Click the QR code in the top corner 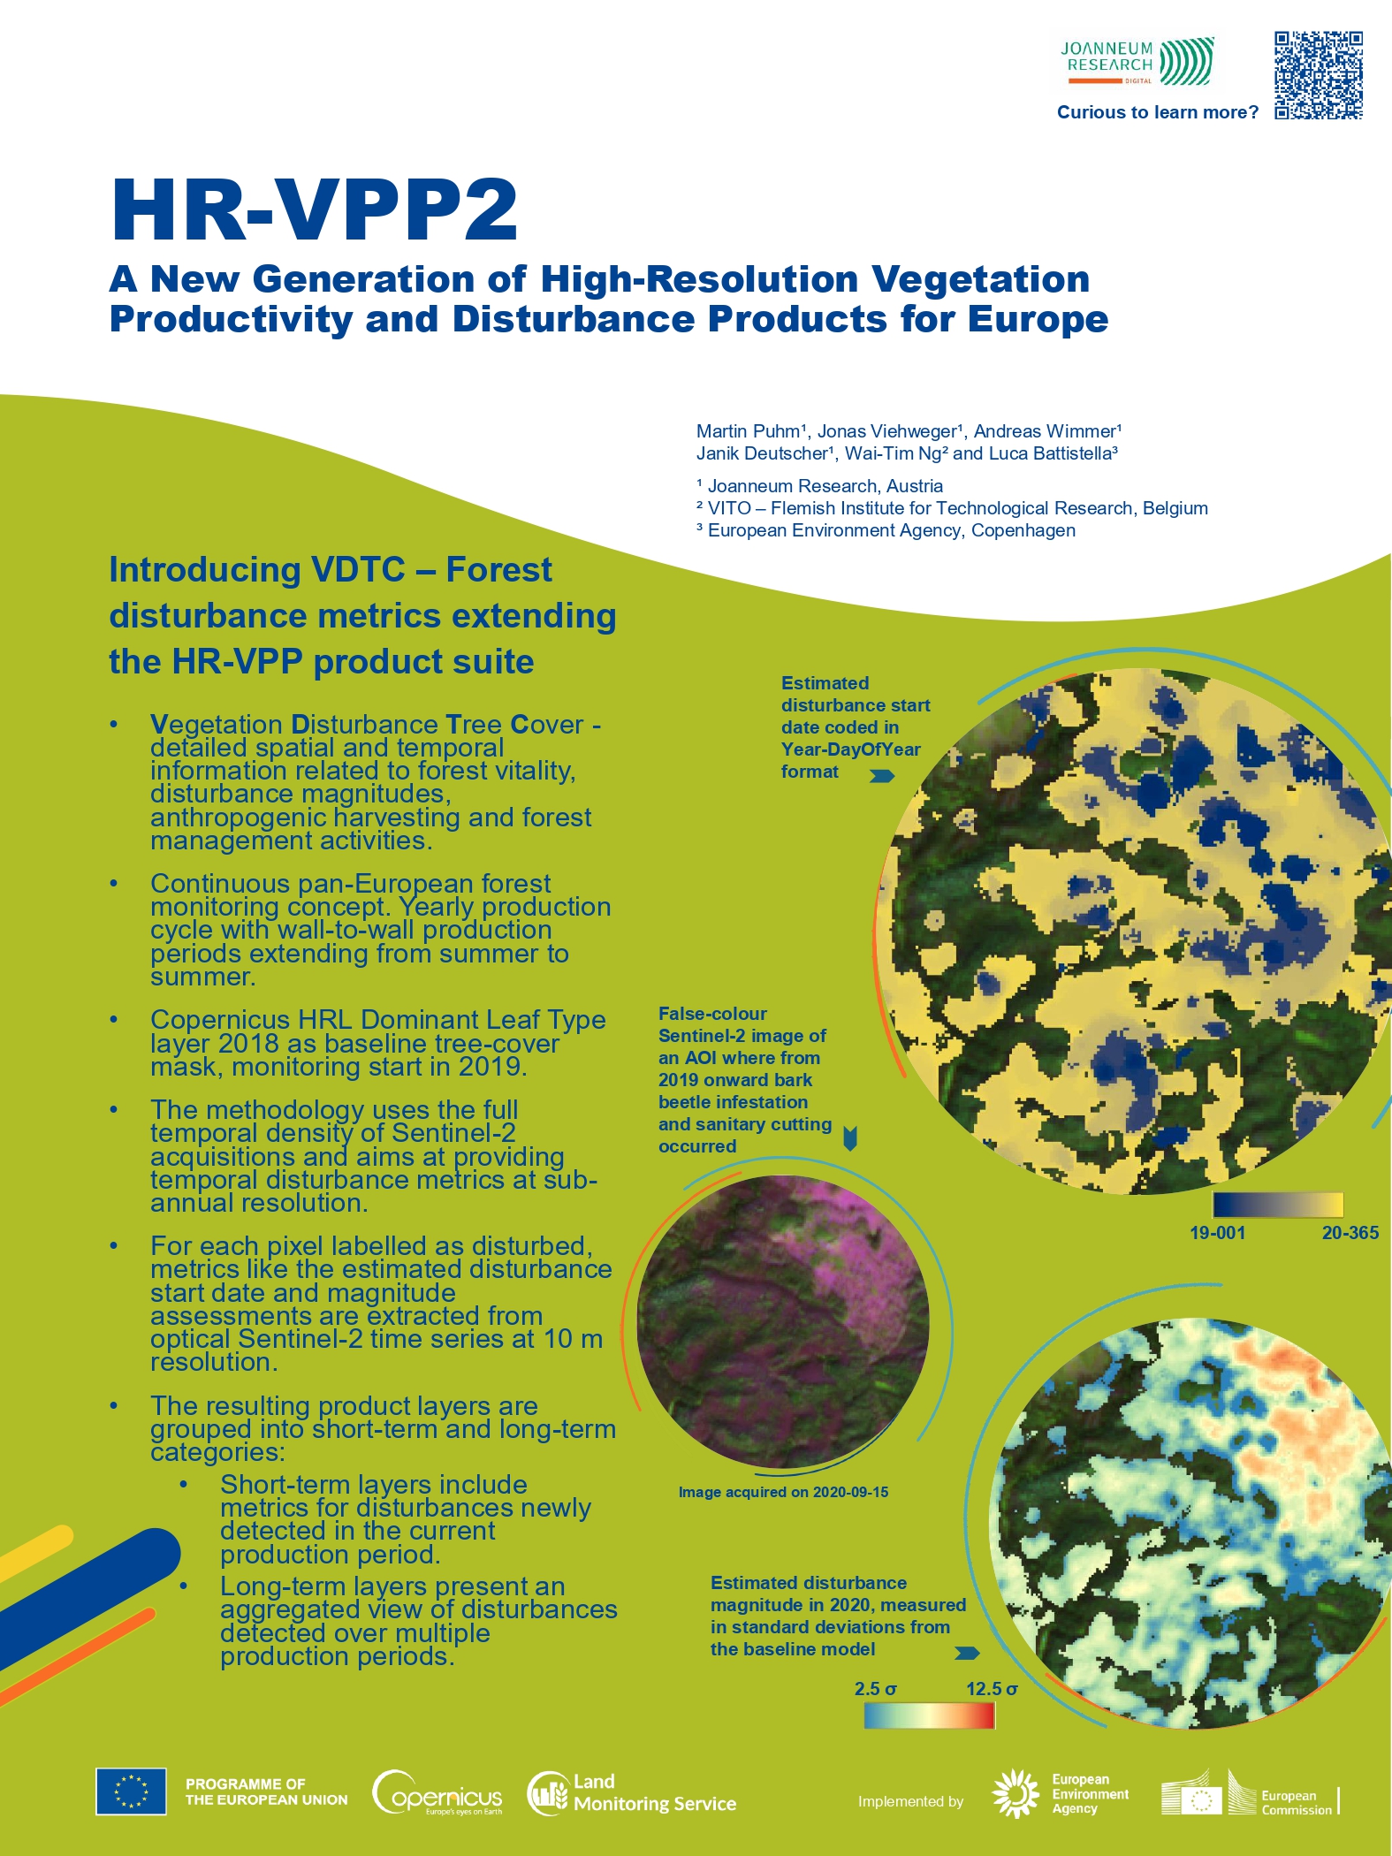(1318, 75)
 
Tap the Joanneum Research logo (1137, 61)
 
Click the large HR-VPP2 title (315, 209)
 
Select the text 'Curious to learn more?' (1158, 112)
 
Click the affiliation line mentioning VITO (952, 508)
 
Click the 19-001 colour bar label (1217, 1233)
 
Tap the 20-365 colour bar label (1350, 1233)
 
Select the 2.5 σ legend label (875, 1689)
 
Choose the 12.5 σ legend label (992, 1689)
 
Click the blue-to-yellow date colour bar (1278, 1205)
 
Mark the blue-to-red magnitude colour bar (930, 1715)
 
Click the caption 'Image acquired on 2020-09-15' (783, 1492)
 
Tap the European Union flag (131, 1791)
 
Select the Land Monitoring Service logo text (655, 1793)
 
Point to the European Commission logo (1251, 1793)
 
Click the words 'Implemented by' (910, 1801)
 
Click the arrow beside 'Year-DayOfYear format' (882, 776)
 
